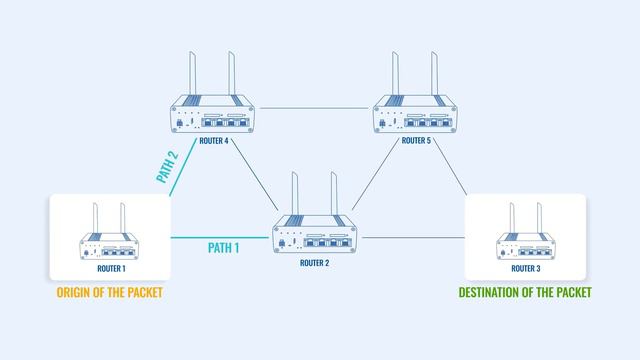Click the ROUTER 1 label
coord(110,268)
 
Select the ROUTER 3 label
coord(525,268)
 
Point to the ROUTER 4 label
coord(214,141)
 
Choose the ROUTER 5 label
coord(415,141)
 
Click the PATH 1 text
coord(223,247)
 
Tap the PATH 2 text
coord(167,167)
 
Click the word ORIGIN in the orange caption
coord(75,292)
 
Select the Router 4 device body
coord(213,117)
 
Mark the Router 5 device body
coord(415,117)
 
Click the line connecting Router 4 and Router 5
coord(314,106)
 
